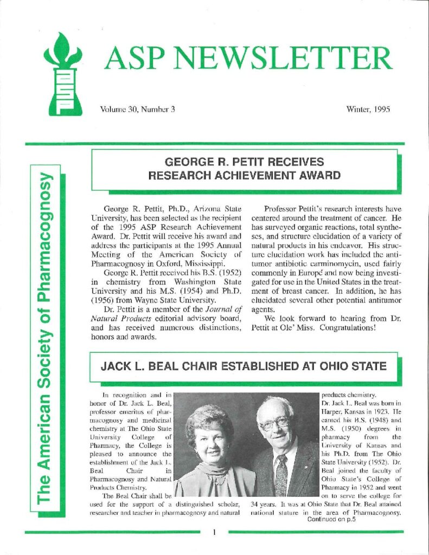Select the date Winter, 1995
pos(368,109)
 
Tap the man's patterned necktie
pos(281,475)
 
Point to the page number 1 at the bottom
pos(215,533)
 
